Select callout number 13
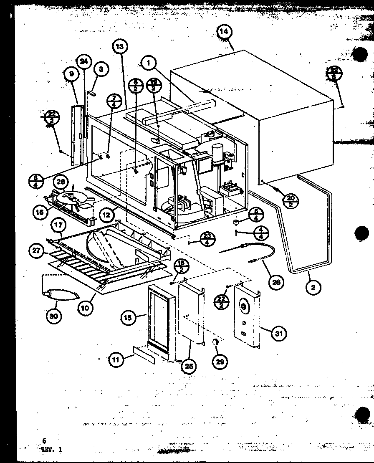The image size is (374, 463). pyautogui.click(x=119, y=47)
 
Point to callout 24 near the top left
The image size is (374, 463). pyautogui.click(x=84, y=62)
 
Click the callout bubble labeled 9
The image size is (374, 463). pyautogui.click(x=71, y=74)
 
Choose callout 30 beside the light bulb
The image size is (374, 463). pyautogui.click(x=54, y=316)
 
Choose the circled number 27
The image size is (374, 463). pyautogui.click(x=35, y=251)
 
